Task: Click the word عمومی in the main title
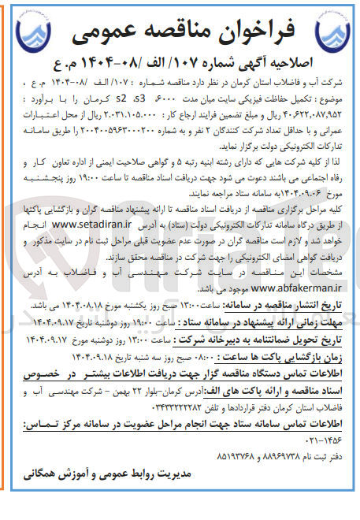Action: (x=114, y=31)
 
